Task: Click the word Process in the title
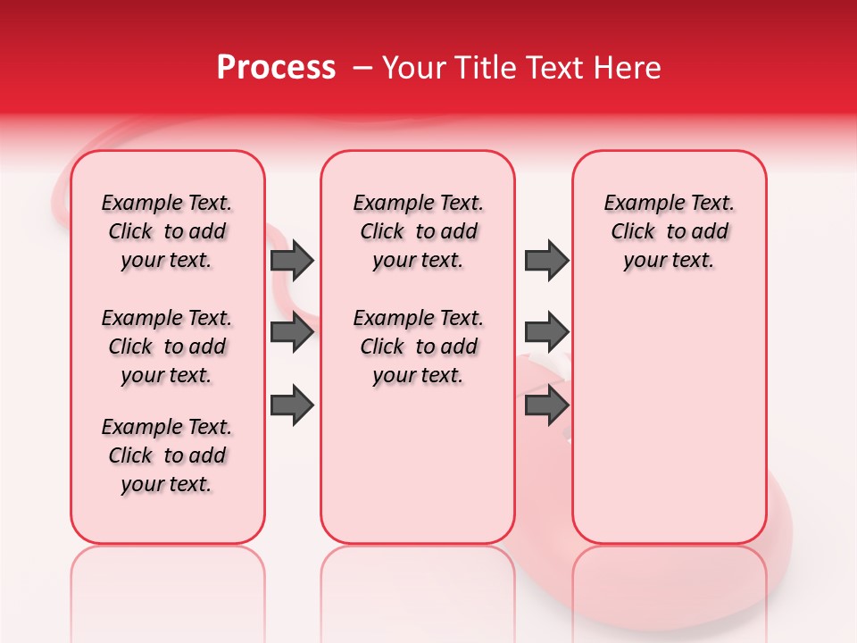click(x=276, y=68)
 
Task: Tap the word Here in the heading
click(x=627, y=68)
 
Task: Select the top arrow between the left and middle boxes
click(x=292, y=260)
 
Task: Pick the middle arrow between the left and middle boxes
click(x=292, y=332)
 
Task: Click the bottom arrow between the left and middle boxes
click(x=292, y=405)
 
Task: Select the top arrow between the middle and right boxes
click(x=546, y=260)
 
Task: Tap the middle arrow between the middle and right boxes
click(x=546, y=332)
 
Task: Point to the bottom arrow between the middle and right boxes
click(x=546, y=405)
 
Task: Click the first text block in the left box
click(x=167, y=231)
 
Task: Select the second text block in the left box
click(x=167, y=347)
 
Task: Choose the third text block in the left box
click(x=167, y=455)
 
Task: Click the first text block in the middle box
click(x=418, y=231)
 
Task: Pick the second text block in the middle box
click(x=418, y=347)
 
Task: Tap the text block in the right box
click(x=669, y=231)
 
